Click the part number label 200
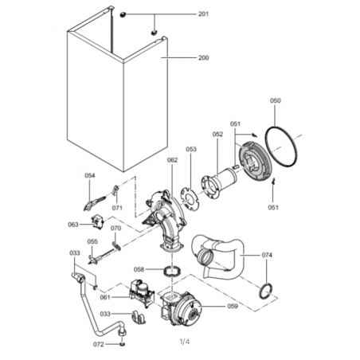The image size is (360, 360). (x=203, y=57)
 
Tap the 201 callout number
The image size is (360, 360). (x=203, y=14)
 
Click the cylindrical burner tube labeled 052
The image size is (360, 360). (x=219, y=183)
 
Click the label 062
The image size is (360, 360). (x=172, y=160)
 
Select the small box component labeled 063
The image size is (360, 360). (x=97, y=221)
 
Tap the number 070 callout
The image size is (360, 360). (x=115, y=228)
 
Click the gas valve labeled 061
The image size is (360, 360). (x=142, y=294)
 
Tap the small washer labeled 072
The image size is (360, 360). (x=122, y=344)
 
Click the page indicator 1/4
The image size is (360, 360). (x=185, y=342)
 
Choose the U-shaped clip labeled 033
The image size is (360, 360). (x=139, y=318)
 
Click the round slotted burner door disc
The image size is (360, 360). (x=255, y=161)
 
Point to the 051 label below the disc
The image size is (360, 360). (x=273, y=207)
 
